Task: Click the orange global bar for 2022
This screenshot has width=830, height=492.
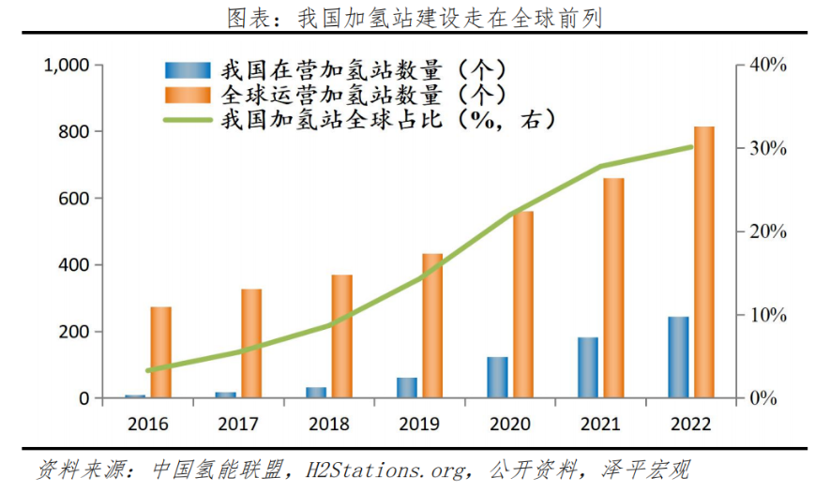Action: click(x=704, y=262)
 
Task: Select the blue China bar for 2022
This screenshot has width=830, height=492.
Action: click(x=678, y=357)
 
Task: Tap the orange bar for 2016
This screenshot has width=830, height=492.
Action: click(x=160, y=352)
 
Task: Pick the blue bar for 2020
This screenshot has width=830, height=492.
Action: click(x=497, y=377)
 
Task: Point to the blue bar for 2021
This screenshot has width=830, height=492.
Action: click(x=588, y=367)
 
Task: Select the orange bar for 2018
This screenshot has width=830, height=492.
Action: click(x=341, y=336)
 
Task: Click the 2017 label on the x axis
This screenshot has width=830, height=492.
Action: click(x=238, y=424)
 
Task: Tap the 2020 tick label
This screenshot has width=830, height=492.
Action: click(x=509, y=424)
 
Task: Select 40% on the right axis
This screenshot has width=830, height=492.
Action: click(x=768, y=66)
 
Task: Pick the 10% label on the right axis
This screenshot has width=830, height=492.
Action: click(x=768, y=315)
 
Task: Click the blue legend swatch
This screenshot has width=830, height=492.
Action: click(x=188, y=70)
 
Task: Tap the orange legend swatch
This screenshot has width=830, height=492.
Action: click(x=188, y=95)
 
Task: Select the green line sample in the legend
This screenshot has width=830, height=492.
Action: click(x=188, y=120)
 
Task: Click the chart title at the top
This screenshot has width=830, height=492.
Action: click(x=415, y=17)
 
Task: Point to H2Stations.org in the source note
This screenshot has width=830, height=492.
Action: click(x=381, y=469)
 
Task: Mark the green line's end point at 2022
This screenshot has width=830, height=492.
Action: click(x=691, y=147)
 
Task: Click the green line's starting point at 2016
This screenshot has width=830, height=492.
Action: click(x=148, y=370)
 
